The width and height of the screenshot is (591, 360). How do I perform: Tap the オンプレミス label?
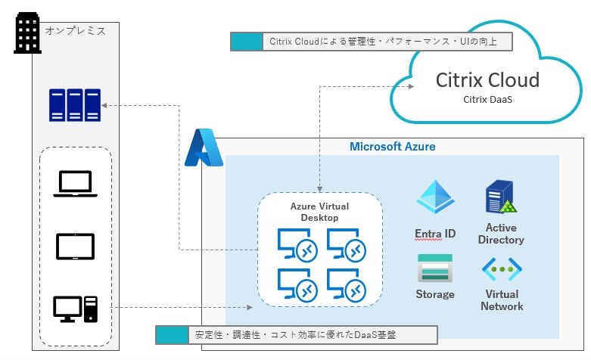pos(75,31)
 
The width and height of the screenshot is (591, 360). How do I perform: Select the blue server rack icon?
pos(74,105)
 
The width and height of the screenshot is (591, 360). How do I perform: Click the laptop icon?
pos(74,184)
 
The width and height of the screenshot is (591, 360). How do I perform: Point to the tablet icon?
pos(75,247)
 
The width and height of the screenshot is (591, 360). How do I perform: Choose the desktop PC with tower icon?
pos(76,308)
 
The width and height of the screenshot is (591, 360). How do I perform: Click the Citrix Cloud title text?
pos(487,80)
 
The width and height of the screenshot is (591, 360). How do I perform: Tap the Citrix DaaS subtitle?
pos(487,99)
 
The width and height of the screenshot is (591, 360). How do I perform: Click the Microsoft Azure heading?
pos(392,146)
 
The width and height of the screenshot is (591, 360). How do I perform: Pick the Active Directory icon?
pos(500,198)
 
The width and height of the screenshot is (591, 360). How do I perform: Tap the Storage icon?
pos(434,268)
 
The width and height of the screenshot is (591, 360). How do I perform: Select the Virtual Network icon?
pos(501,268)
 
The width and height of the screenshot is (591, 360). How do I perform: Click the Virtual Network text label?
pos(501,300)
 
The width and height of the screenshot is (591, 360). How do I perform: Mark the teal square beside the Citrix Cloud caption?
pos(245,42)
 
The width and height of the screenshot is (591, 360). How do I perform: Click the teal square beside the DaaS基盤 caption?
pos(171,334)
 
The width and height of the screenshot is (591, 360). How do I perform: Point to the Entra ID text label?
pos(435,234)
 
